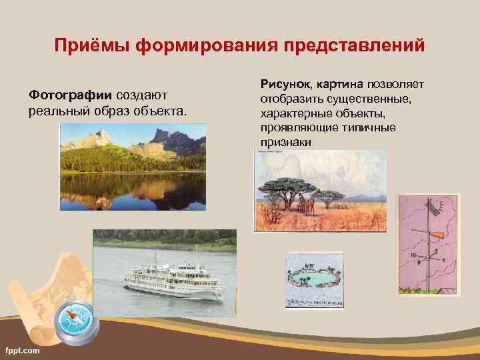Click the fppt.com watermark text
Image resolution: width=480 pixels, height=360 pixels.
(23, 351)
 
